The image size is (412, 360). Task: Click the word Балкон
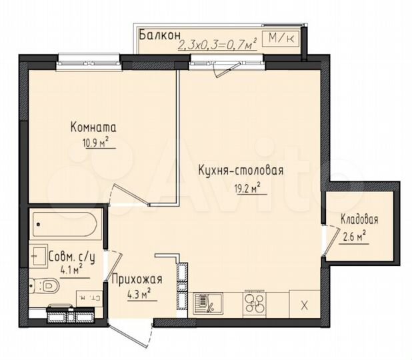tap(157, 34)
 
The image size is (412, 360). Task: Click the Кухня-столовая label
tap(241, 170)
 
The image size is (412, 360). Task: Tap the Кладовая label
tap(357, 219)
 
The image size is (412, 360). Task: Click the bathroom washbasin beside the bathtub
tap(38, 256)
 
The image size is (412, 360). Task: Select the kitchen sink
tap(204, 304)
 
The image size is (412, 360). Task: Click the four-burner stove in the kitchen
tap(254, 303)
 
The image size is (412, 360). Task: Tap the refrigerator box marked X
tap(304, 305)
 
